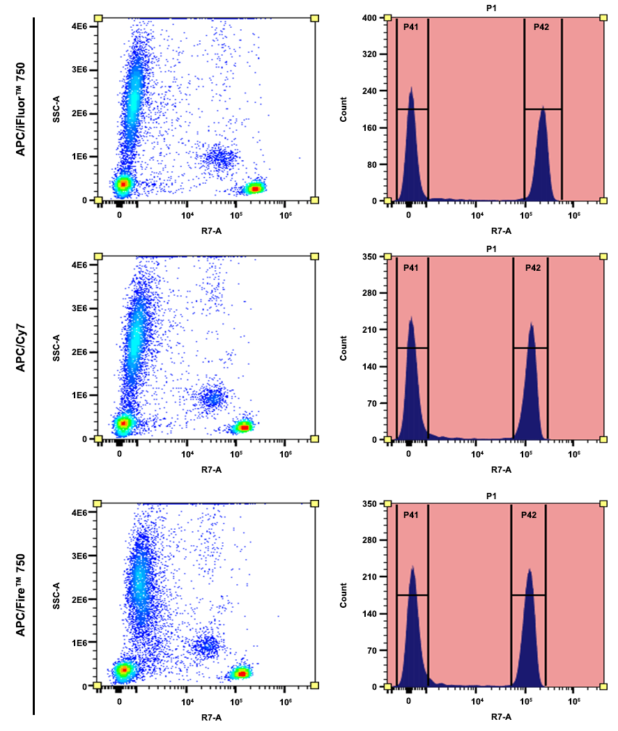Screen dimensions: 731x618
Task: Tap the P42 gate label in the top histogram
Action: [542, 27]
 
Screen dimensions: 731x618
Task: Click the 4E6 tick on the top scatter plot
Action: [77, 26]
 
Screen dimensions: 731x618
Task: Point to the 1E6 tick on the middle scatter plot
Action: [77, 395]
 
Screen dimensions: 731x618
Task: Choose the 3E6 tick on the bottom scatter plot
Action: [77, 556]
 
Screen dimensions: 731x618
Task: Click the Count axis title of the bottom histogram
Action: [343, 596]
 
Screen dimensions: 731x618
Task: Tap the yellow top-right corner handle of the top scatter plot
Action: [315, 17]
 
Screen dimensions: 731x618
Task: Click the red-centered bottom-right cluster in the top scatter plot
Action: [255, 189]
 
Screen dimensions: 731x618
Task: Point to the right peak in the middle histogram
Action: [532, 327]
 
